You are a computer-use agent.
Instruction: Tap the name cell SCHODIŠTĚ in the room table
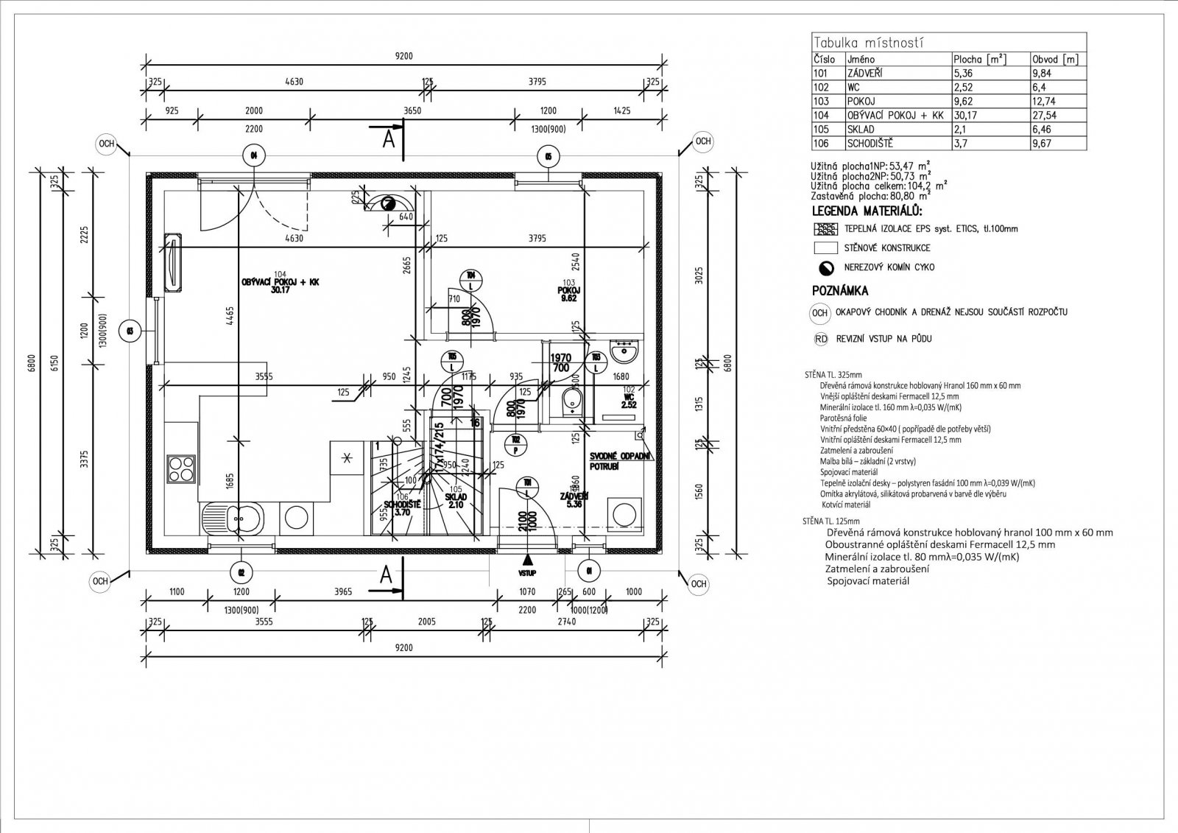870,144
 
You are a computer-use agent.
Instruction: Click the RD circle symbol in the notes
820,339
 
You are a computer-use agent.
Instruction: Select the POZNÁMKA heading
840,290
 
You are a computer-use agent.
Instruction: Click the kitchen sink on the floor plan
237,518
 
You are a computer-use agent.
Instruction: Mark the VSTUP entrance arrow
527,561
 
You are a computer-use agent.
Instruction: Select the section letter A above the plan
389,138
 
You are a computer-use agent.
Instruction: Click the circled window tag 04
253,155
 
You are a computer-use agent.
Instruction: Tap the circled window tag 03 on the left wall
130,330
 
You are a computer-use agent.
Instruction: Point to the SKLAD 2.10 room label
456,501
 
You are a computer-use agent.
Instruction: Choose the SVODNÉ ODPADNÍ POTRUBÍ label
619,462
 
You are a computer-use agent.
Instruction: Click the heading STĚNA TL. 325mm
828,374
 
